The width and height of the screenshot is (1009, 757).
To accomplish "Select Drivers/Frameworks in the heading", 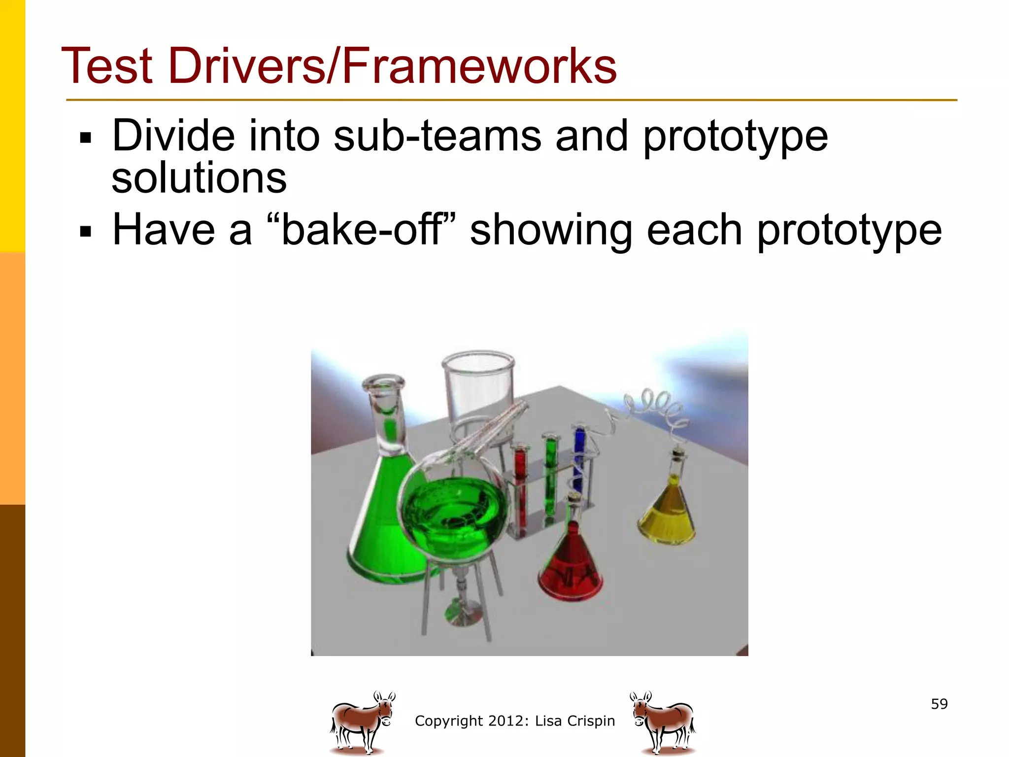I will tap(392, 66).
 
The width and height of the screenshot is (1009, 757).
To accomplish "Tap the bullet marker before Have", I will tap(86, 231).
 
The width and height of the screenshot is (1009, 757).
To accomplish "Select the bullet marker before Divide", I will tap(86, 138).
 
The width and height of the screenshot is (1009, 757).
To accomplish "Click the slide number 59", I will tap(939, 704).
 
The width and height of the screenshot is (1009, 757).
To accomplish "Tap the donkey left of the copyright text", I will tap(362, 723).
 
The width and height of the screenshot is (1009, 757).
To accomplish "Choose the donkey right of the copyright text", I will tap(663, 723).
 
